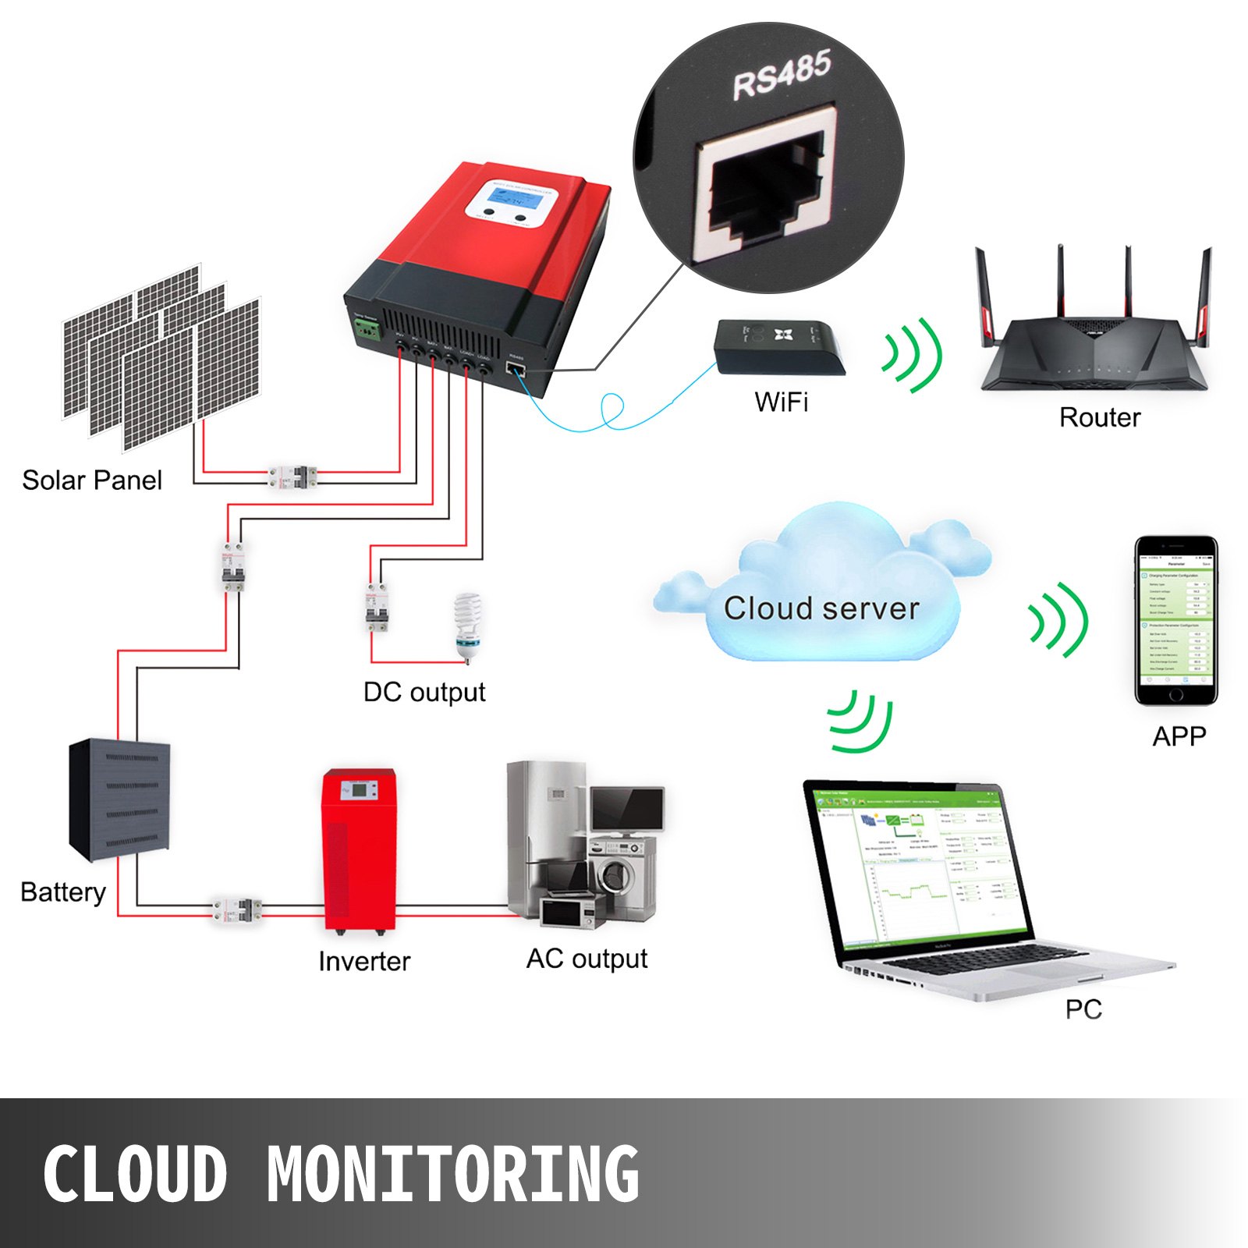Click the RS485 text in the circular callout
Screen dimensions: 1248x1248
[x=782, y=75]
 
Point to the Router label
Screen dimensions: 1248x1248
[x=1099, y=418]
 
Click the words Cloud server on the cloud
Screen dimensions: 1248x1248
[x=821, y=608]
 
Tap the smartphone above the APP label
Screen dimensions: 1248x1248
[x=1175, y=621]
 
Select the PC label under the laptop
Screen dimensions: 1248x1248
[x=1083, y=1009]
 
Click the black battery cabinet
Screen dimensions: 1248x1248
[x=119, y=799]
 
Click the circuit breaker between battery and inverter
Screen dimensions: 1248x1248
[x=238, y=909]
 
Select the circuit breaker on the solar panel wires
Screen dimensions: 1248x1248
[x=293, y=477]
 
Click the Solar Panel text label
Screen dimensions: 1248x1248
[x=92, y=480]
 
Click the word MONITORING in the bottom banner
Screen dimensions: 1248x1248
[x=452, y=1174]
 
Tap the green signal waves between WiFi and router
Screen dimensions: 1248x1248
[x=913, y=355]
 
